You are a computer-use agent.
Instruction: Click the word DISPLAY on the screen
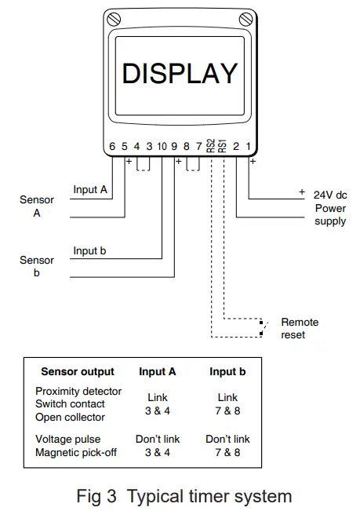click(180, 73)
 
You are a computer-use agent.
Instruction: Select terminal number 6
click(112, 147)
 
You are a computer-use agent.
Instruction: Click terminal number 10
click(162, 147)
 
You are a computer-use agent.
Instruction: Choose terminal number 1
click(249, 147)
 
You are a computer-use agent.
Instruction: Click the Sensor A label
click(37, 206)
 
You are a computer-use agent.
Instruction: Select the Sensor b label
click(37, 267)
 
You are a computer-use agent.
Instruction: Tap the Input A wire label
click(90, 190)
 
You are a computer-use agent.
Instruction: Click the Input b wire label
click(90, 250)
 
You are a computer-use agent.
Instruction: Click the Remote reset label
click(300, 329)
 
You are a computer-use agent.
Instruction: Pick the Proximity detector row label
click(78, 391)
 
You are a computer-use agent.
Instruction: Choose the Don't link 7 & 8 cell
click(227, 446)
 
